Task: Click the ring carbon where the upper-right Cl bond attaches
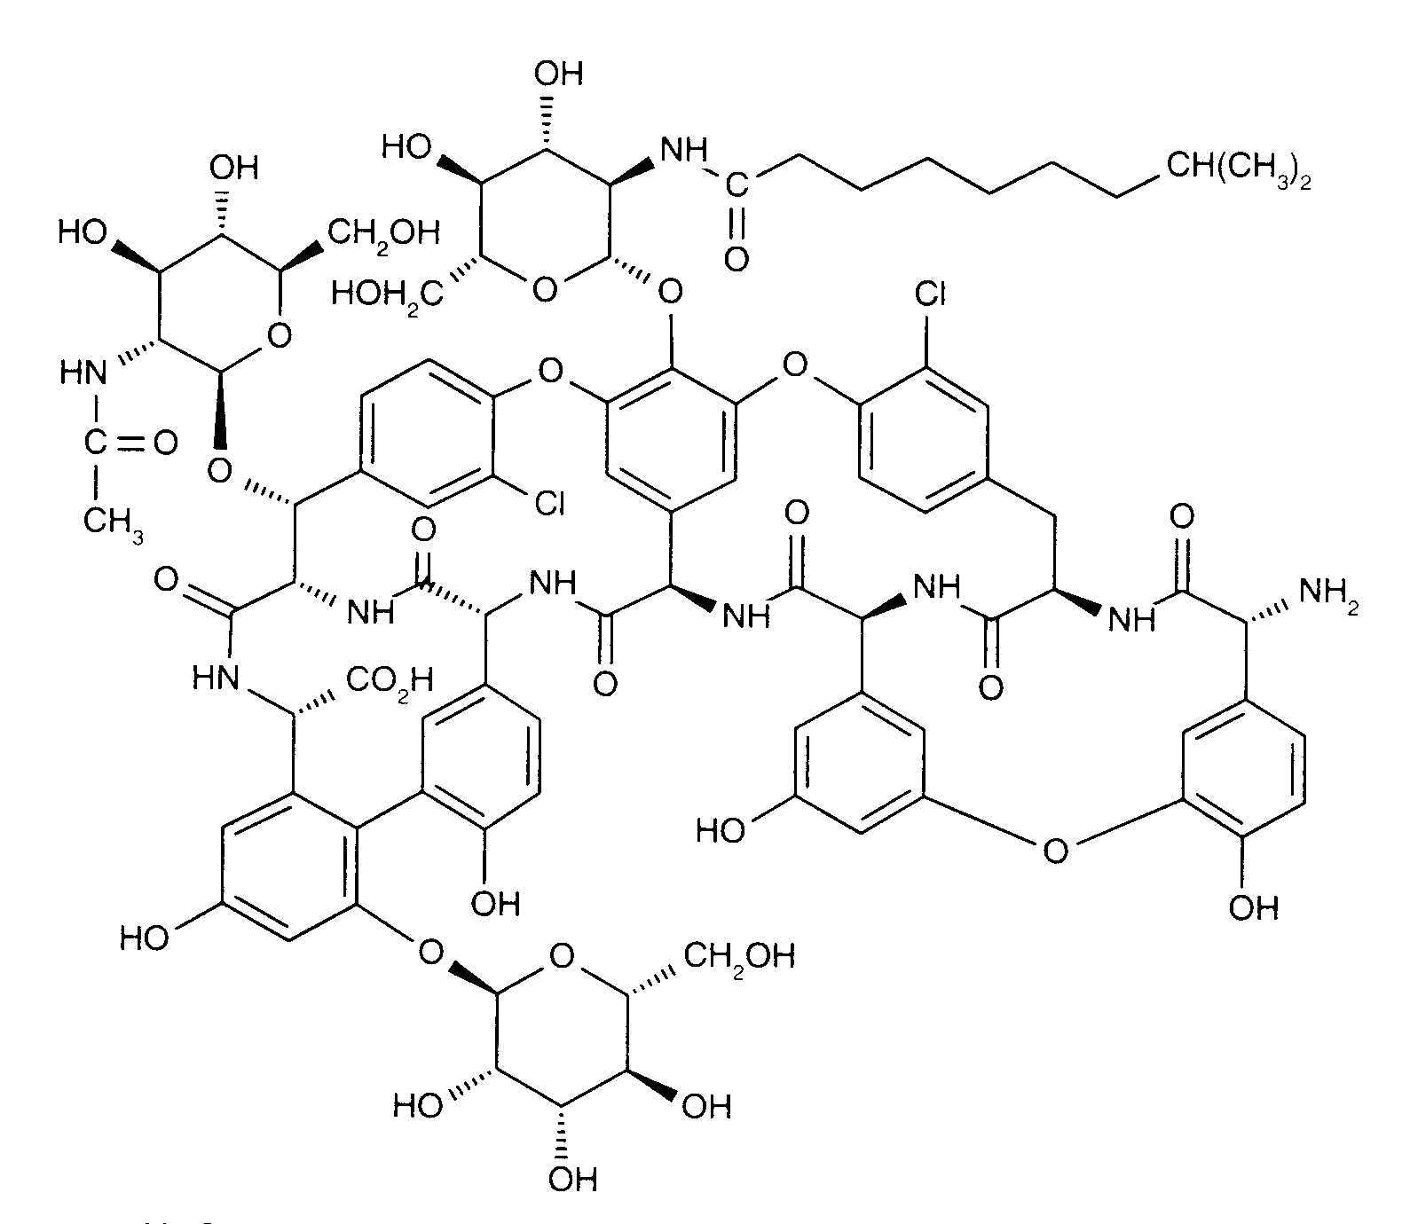(x=927, y=367)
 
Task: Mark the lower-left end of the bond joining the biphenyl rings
(x=358, y=827)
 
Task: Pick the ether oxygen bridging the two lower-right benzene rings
(x=1055, y=851)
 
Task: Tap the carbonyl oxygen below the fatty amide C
(x=736, y=258)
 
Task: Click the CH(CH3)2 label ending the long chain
(x=1239, y=168)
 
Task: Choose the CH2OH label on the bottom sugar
(x=739, y=956)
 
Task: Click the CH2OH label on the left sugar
(x=384, y=232)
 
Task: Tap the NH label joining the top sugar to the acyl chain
(x=683, y=149)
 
